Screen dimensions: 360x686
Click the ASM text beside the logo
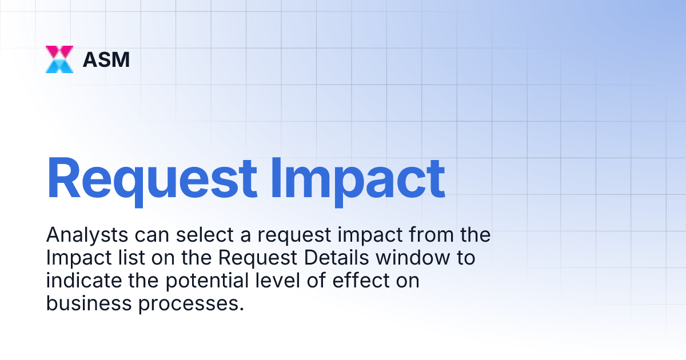pyautogui.click(x=106, y=59)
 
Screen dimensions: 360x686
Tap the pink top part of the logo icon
pyautogui.click(x=59, y=51)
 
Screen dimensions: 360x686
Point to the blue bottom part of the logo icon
pyautogui.click(x=59, y=67)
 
